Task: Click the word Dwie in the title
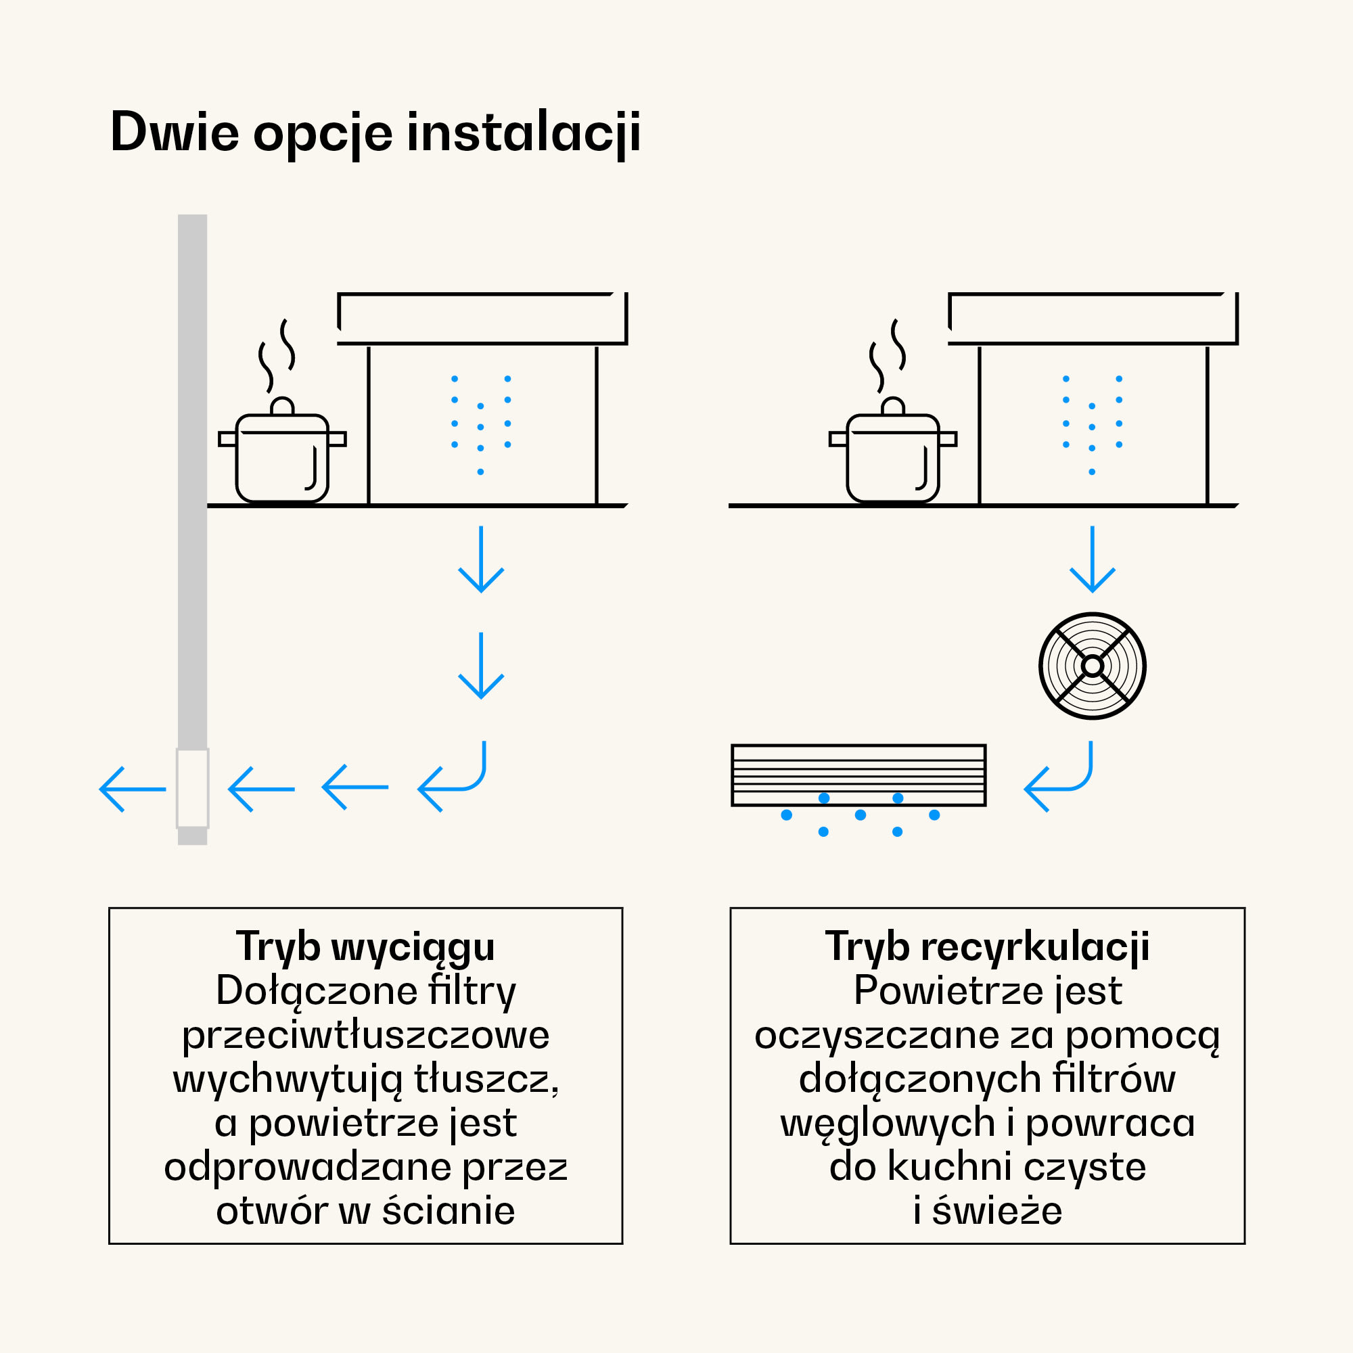tap(175, 133)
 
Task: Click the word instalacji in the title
tap(523, 133)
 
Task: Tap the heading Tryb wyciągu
tap(365, 947)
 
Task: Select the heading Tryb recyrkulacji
tap(988, 947)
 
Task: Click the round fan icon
tap(1092, 665)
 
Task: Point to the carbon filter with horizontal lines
tap(858, 775)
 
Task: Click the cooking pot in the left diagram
tap(282, 455)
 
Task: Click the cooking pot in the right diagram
tap(893, 455)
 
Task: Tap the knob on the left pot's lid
tap(282, 406)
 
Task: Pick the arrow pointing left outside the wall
tap(133, 789)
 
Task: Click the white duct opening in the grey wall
tap(193, 789)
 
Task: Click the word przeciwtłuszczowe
tap(365, 1035)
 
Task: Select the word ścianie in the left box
tap(449, 1212)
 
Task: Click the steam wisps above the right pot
tap(888, 354)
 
